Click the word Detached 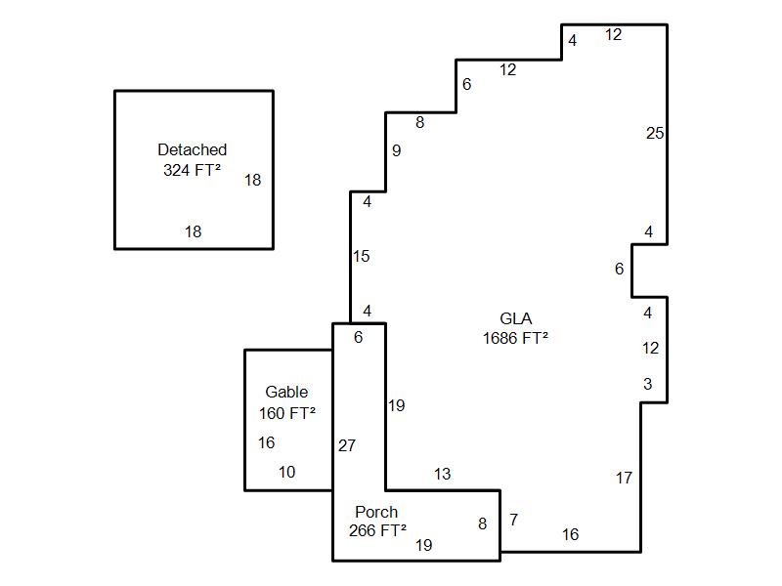[192, 149]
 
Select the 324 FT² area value [192, 170]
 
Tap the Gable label [286, 393]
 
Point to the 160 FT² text [286, 413]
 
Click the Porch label [376, 512]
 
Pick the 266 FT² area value [377, 531]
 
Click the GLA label [515, 318]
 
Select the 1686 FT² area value [515, 338]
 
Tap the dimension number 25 [655, 133]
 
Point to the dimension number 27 [347, 445]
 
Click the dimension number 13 [442, 474]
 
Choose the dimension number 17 [624, 478]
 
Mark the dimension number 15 [362, 256]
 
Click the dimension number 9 [396, 150]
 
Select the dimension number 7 [513, 520]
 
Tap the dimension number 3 [647, 384]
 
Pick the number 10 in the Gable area [286, 472]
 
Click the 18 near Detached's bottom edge [194, 231]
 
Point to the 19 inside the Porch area [423, 545]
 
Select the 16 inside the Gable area [266, 442]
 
